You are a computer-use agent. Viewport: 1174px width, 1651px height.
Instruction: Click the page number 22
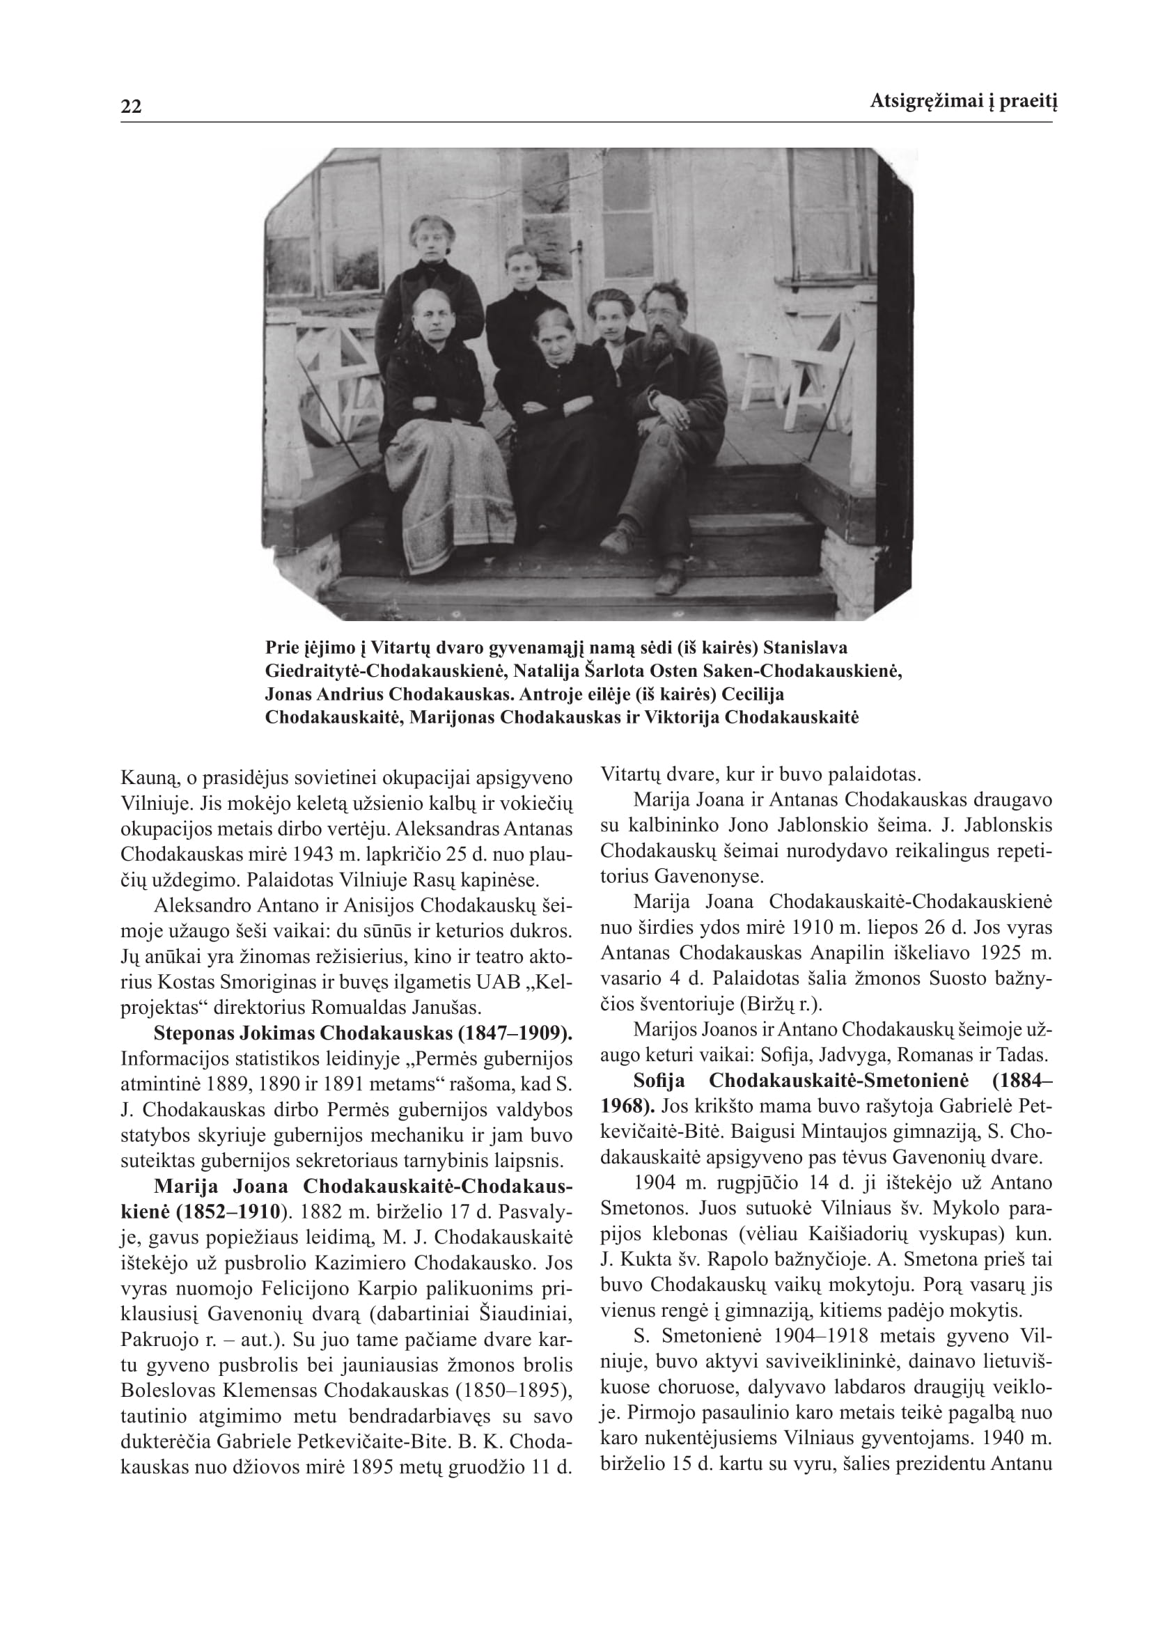point(131,107)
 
